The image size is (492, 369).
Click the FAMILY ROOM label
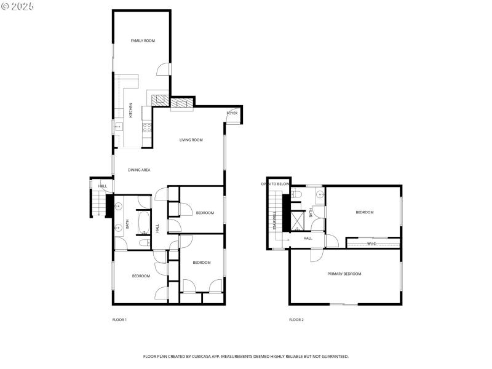(143, 41)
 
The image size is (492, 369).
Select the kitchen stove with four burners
(147, 127)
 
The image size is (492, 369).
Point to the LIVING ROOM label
(191, 140)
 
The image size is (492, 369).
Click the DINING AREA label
(139, 170)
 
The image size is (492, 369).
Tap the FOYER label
(232, 113)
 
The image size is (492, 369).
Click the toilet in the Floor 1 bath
(143, 243)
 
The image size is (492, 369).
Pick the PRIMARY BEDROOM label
(344, 274)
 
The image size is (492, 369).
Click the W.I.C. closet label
(371, 244)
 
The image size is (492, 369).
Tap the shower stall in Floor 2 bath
(297, 220)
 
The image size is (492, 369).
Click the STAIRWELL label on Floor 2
(274, 220)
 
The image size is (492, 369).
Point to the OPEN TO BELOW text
(274, 184)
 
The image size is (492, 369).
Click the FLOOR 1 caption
(119, 320)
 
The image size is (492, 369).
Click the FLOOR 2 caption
(296, 320)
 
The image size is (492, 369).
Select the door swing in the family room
(162, 69)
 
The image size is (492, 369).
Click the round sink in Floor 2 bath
(319, 196)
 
